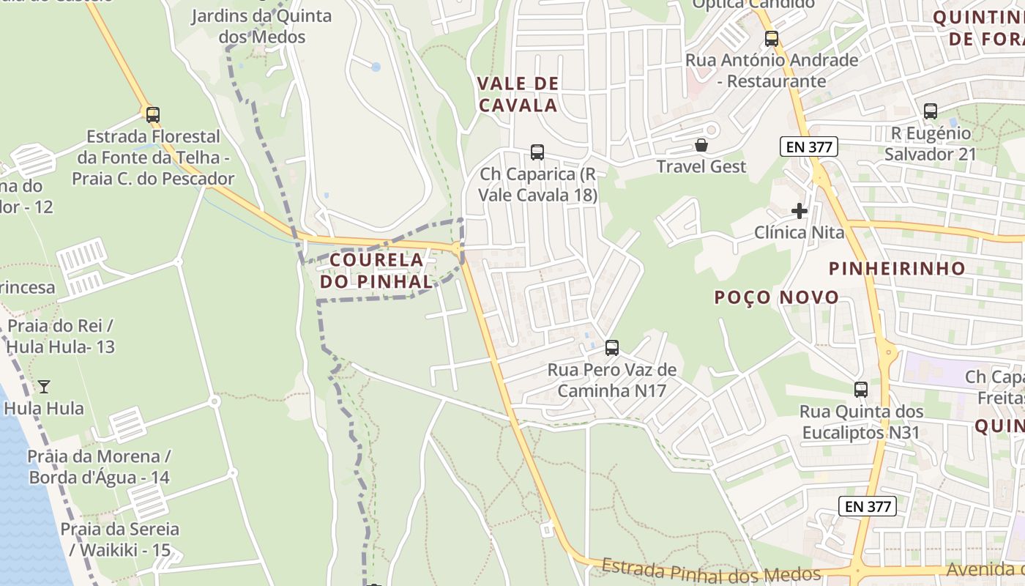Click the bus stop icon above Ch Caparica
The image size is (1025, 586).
click(x=537, y=152)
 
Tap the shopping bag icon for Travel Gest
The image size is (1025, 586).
click(x=701, y=145)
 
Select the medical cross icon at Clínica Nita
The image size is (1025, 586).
click(x=799, y=211)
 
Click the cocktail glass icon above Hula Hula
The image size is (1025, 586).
click(x=44, y=386)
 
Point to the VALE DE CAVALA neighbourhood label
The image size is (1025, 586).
click(x=518, y=94)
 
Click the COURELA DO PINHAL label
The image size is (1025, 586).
click(x=376, y=270)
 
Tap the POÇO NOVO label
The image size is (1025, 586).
click(x=777, y=297)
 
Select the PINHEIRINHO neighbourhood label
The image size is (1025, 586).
click(x=897, y=268)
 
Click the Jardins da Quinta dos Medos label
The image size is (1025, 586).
click(x=261, y=26)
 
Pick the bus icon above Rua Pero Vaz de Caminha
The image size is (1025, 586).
click(x=612, y=348)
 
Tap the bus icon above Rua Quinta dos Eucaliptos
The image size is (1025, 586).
click(x=861, y=390)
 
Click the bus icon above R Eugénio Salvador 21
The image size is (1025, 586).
click(x=931, y=111)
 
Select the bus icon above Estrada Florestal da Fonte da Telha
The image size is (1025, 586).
click(x=153, y=115)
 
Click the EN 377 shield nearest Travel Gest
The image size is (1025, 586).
click(x=808, y=146)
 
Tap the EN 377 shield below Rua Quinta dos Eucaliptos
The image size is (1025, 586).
click(x=868, y=506)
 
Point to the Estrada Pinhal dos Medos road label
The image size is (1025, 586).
click(x=711, y=570)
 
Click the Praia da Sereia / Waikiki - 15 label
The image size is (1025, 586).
click(x=119, y=539)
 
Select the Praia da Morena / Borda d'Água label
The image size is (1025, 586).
click(x=99, y=467)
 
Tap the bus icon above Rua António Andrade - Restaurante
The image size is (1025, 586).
click(x=772, y=39)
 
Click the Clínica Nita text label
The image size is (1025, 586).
click(x=799, y=233)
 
